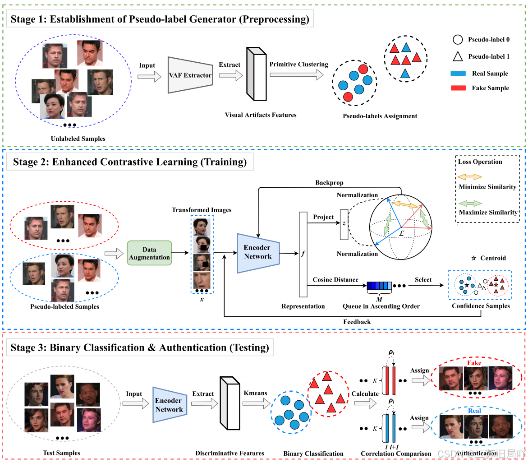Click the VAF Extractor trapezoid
click(x=190, y=75)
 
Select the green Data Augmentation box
click(x=149, y=254)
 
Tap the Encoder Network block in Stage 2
click(x=258, y=253)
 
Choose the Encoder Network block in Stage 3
click(x=169, y=405)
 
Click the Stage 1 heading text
click(x=161, y=19)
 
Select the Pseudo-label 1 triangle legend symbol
click(x=457, y=57)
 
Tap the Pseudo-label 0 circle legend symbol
click(x=457, y=40)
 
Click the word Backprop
click(x=330, y=183)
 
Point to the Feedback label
click(x=357, y=322)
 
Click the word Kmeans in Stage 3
click(x=255, y=393)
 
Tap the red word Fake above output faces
click(x=474, y=363)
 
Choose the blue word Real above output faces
click(x=474, y=411)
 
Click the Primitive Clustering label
click(x=299, y=65)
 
